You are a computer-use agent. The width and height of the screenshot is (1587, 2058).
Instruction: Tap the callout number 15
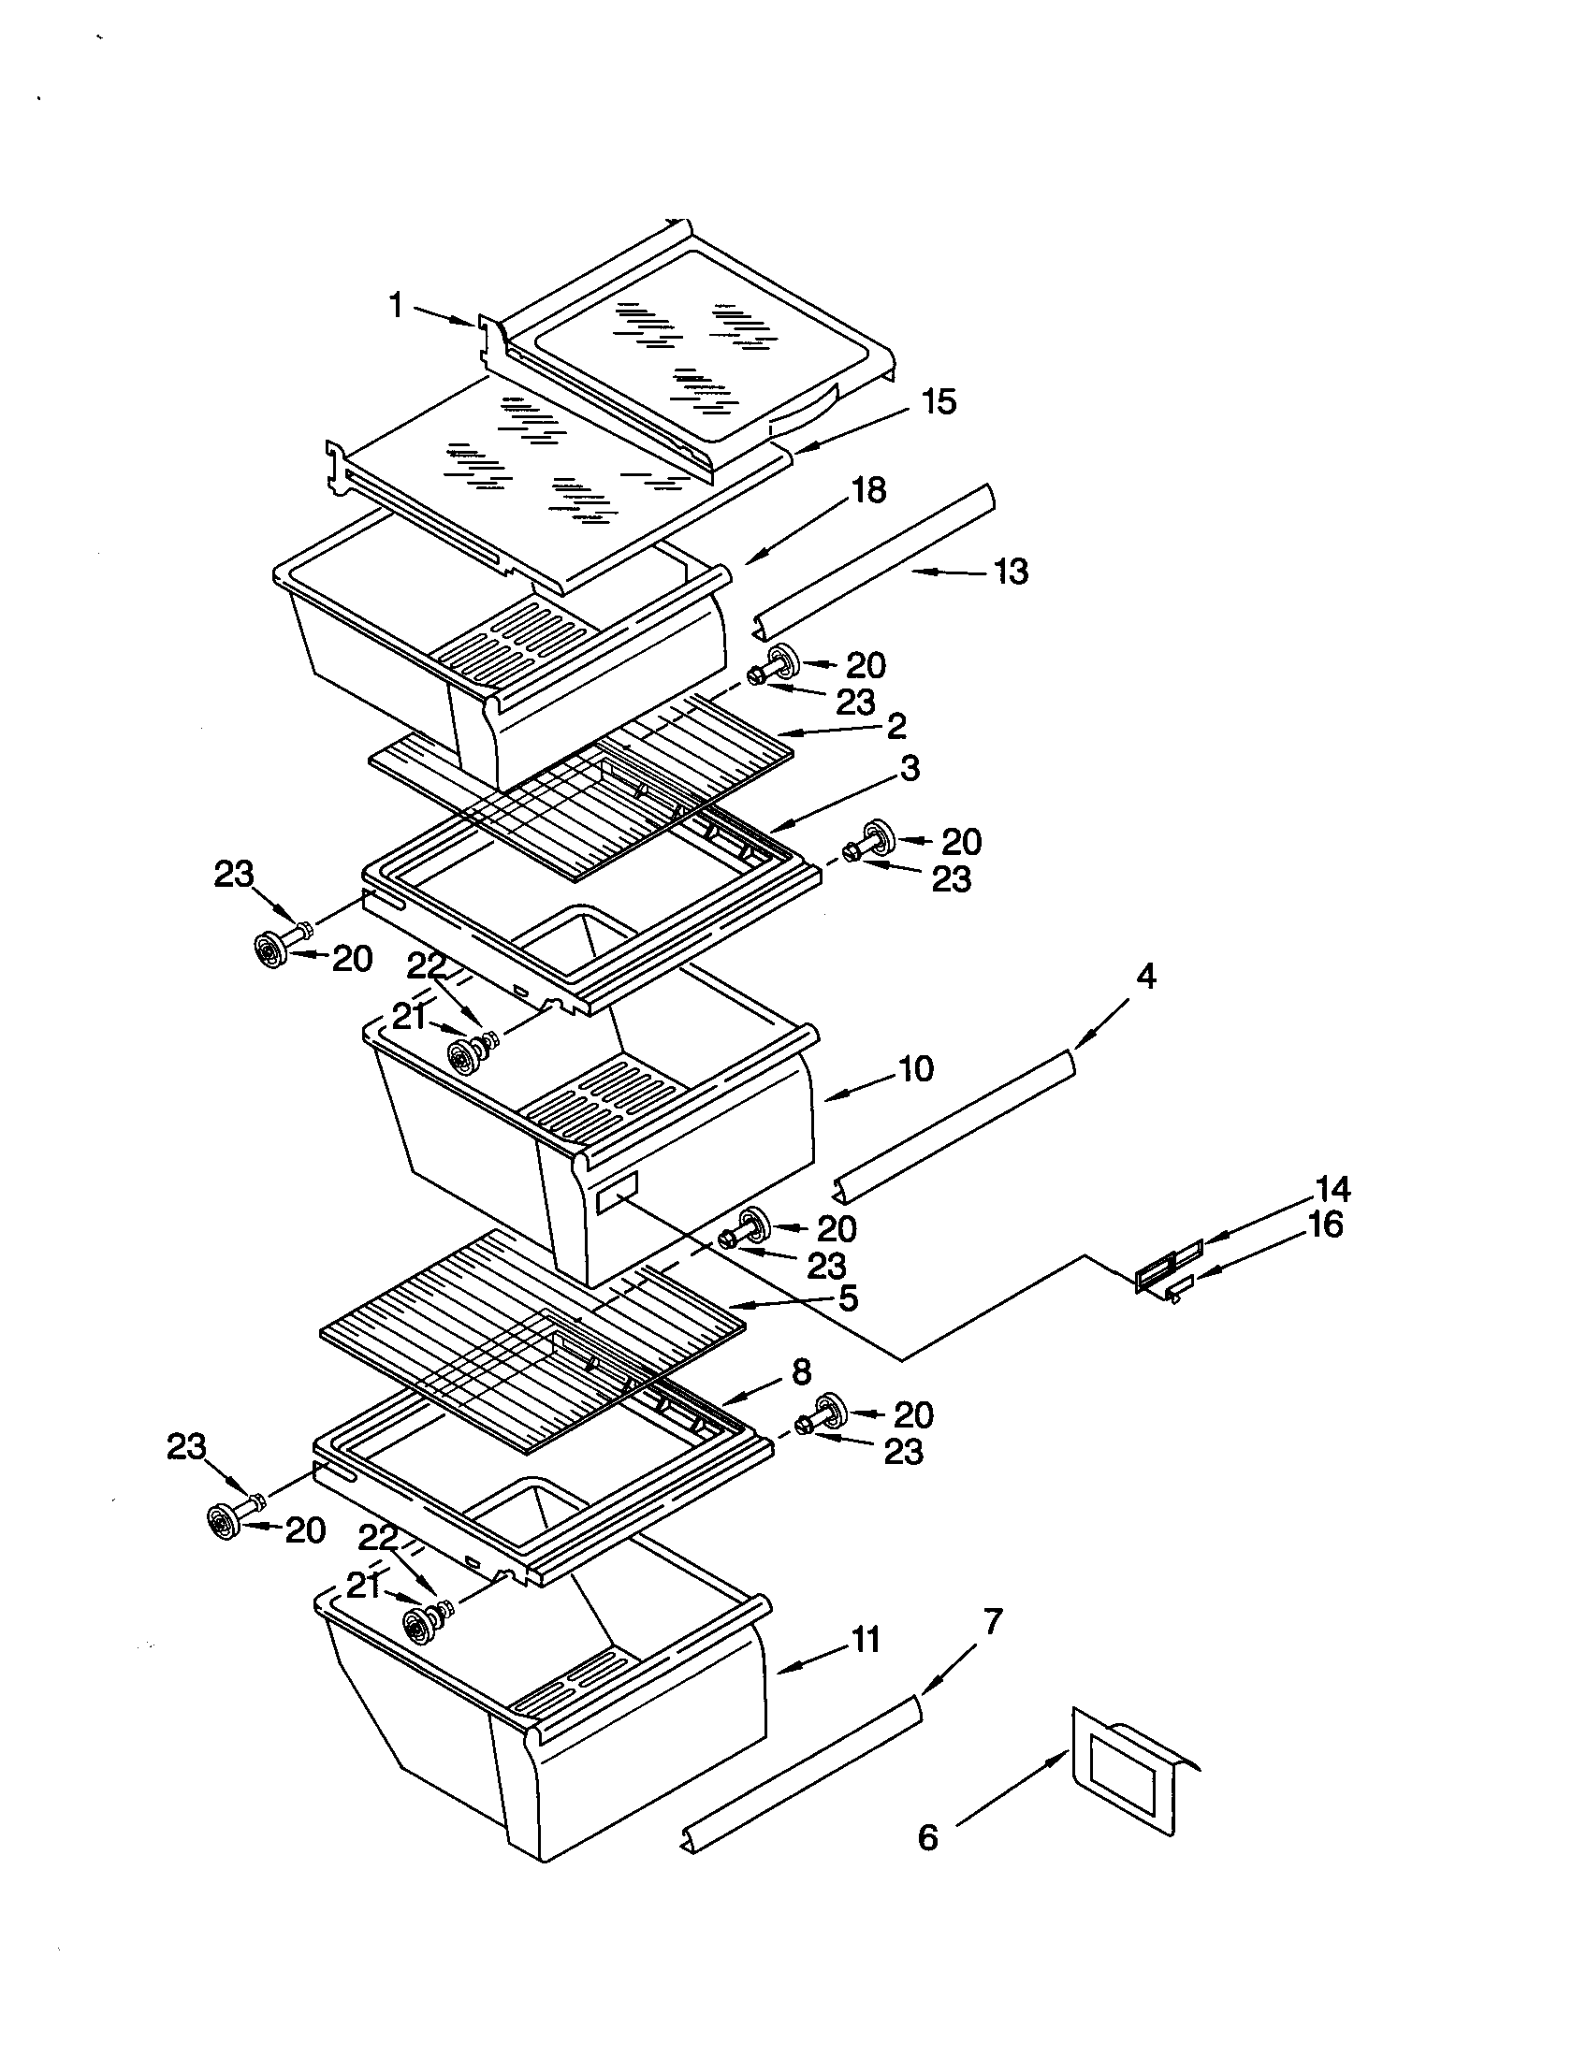click(x=938, y=402)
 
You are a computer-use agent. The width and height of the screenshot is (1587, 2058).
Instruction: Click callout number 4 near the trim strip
click(x=1145, y=977)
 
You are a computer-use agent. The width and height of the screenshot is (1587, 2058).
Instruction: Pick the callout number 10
click(x=916, y=1068)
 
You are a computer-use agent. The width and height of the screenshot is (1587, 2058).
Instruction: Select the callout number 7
click(x=993, y=1622)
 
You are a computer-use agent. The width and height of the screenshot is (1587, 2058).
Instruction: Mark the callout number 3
click(x=909, y=768)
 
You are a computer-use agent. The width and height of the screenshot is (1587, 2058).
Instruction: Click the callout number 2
click(x=895, y=726)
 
